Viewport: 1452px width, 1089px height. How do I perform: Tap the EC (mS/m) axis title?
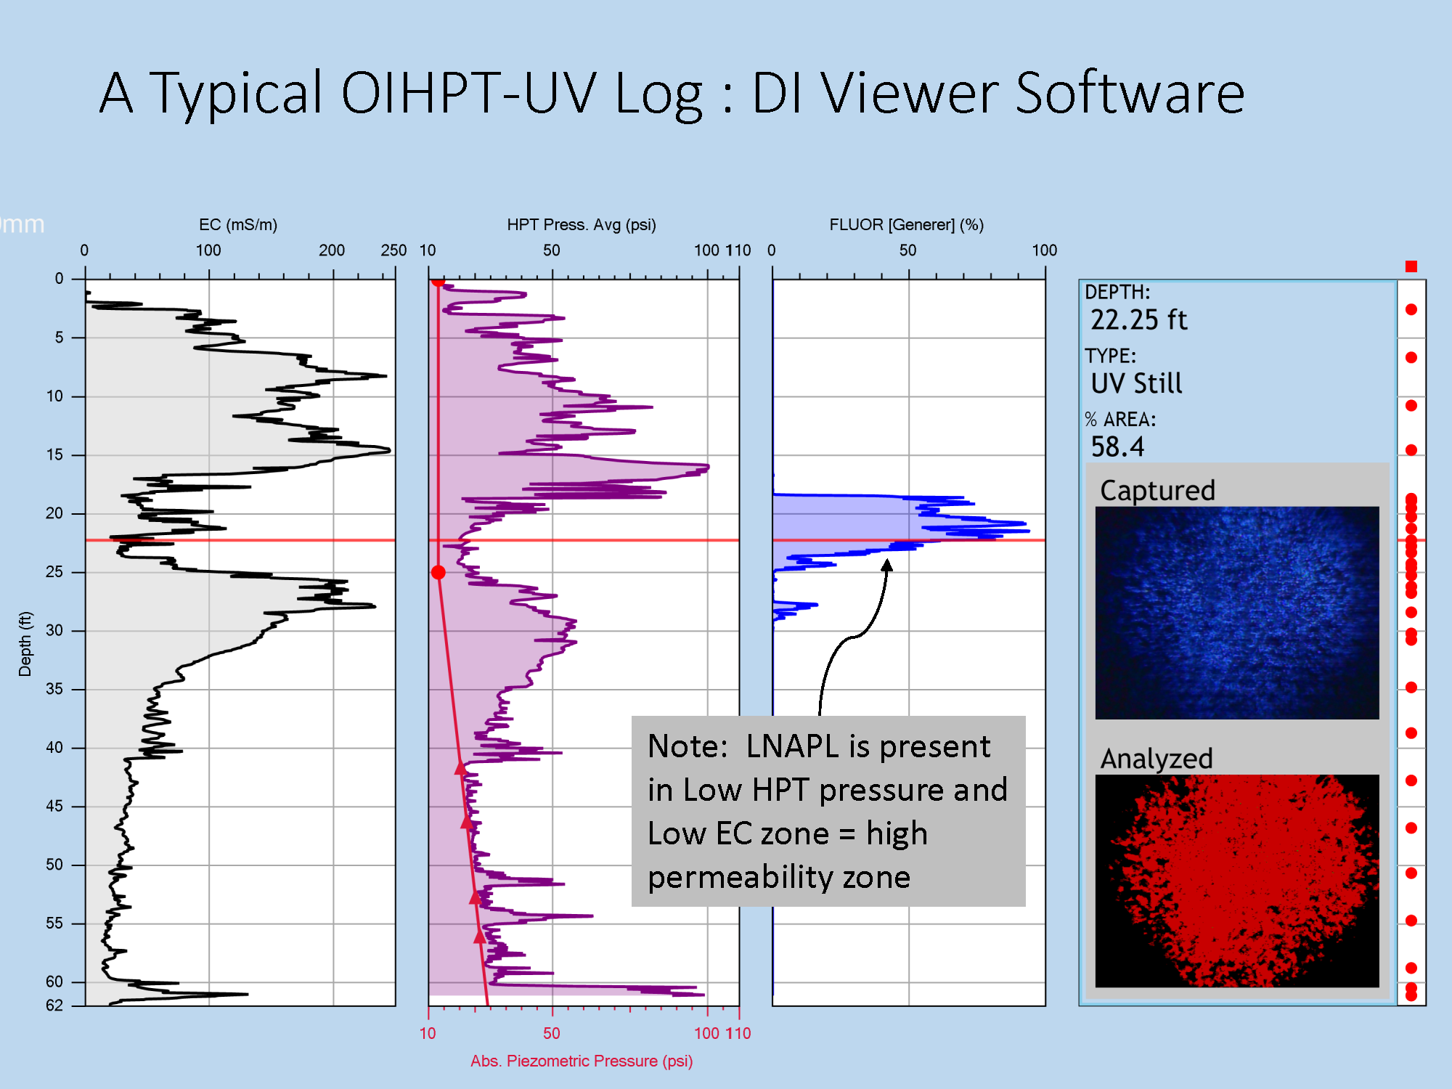pos(238,225)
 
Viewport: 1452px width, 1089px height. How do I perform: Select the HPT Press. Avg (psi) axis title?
pos(582,225)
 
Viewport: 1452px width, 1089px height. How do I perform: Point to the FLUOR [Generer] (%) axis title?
pos(907,225)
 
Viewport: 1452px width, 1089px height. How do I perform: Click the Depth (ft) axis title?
pos(25,644)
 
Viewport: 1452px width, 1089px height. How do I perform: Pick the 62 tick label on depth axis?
pos(54,1006)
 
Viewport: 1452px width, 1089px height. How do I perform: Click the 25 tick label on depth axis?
pos(54,572)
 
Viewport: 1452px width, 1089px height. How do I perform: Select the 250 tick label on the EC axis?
pos(393,250)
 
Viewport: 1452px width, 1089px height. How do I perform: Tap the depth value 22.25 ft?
pos(1138,320)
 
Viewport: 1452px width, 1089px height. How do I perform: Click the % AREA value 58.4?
pos(1117,447)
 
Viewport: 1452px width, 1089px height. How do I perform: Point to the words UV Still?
pos(1136,383)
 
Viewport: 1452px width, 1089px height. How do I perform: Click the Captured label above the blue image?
pos(1157,491)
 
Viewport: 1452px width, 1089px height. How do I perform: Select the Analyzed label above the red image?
pos(1157,759)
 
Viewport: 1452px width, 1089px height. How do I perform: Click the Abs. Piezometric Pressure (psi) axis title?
pos(582,1061)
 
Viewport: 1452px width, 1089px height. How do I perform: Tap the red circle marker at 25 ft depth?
pos(438,573)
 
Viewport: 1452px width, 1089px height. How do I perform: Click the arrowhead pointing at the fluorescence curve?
pos(886,566)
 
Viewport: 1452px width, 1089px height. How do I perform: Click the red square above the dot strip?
pos(1411,266)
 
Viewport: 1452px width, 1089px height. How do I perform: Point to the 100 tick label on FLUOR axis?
pos(1044,250)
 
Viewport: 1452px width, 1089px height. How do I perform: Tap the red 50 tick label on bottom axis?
pos(552,1033)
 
